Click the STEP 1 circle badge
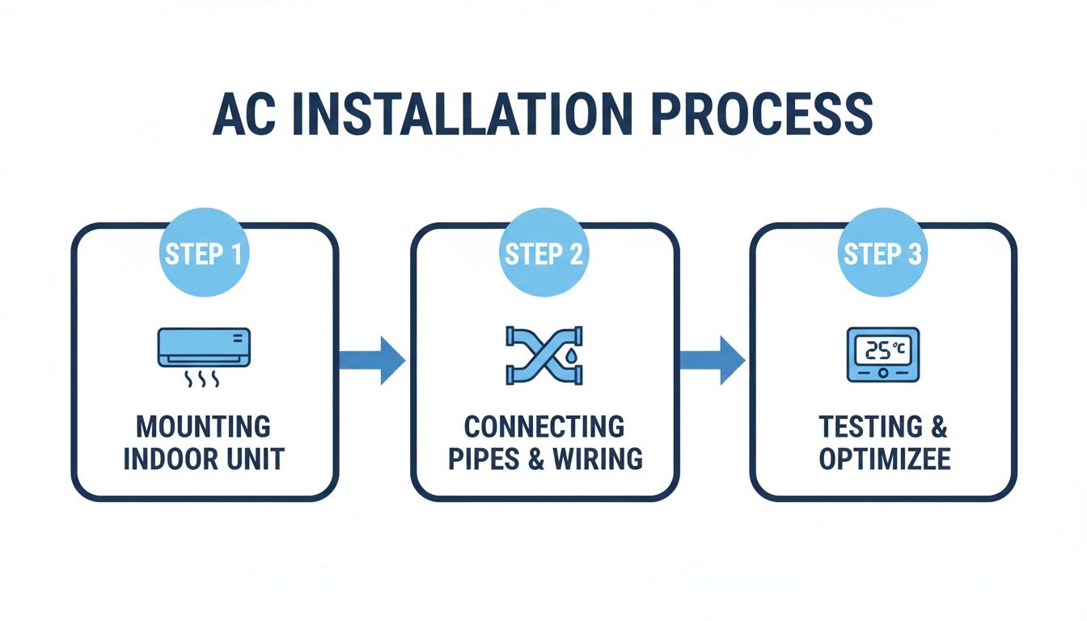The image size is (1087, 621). coord(204,254)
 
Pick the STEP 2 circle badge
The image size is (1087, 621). coord(543,254)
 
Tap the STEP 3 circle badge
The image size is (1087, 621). coord(883,254)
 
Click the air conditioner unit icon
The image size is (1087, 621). coord(204,346)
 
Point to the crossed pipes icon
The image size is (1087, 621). coord(543,354)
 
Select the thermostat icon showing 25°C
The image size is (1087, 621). coord(882,354)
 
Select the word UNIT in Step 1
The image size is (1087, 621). coord(256,458)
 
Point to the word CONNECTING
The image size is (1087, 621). coord(543,426)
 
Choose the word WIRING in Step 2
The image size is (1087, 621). coord(598,458)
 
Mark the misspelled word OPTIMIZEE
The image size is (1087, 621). coord(883,458)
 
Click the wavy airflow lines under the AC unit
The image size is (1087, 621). coord(204,378)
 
